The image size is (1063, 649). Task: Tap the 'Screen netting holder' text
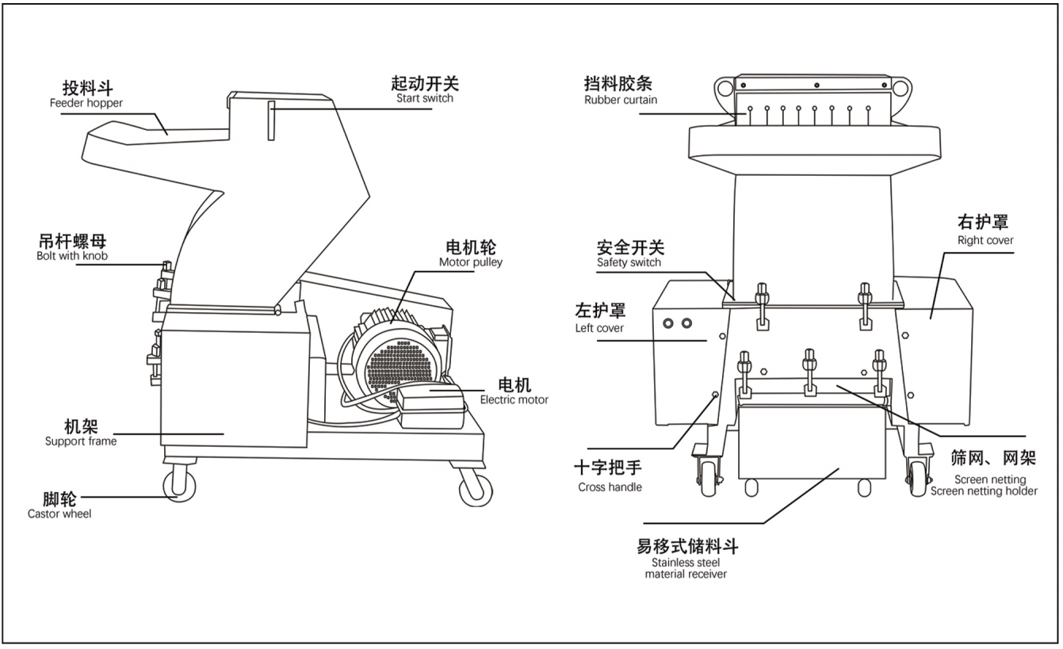(984, 491)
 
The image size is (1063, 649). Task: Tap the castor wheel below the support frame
(179, 483)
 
